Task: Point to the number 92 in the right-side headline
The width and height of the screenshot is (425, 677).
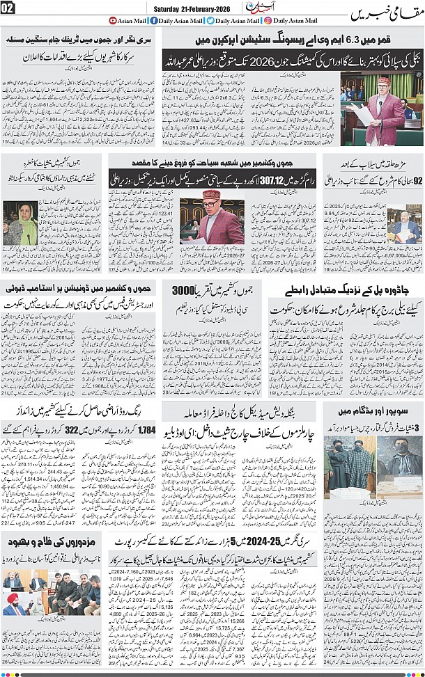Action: pos(417,182)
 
